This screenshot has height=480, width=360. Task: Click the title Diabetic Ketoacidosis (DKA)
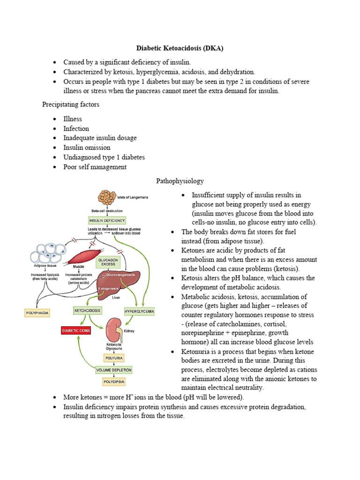click(180, 48)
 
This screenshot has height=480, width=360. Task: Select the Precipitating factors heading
click(70, 105)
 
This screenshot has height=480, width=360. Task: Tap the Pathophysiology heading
click(180, 180)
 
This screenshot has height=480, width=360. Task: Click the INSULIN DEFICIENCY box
click(107, 220)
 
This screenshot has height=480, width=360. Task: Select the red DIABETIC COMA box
click(76, 330)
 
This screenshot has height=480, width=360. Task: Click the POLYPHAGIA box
click(37, 311)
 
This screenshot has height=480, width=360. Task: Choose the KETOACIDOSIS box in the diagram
click(88, 310)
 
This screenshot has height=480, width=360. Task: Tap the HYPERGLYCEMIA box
click(139, 311)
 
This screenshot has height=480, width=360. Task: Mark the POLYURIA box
click(114, 358)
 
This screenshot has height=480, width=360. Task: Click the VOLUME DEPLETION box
click(114, 370)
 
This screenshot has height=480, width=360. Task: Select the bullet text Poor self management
click(95, 167)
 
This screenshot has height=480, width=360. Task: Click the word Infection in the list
click(76, 128)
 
